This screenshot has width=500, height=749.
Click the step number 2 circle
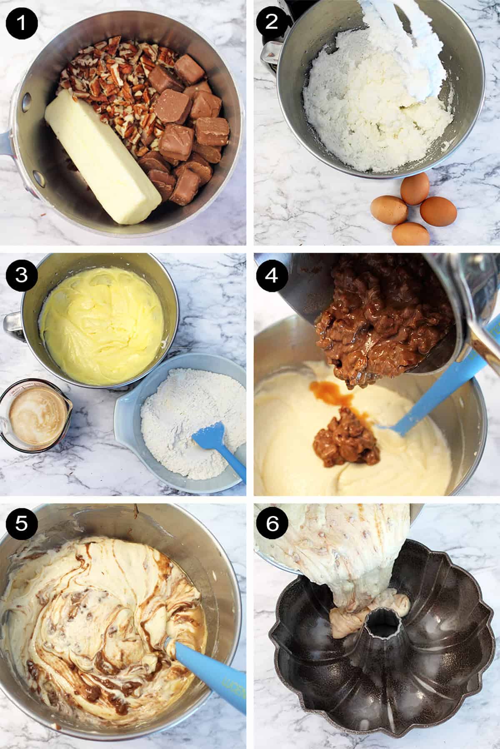tap(271, 21)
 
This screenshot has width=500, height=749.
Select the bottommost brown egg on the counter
tap(410, 234)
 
